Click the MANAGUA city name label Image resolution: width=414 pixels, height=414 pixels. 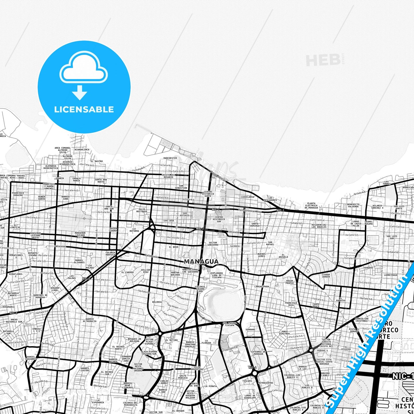click(201, 262)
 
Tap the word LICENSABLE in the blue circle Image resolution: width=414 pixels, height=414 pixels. click(84, 109)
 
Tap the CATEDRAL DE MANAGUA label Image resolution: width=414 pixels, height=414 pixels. click(256, 353)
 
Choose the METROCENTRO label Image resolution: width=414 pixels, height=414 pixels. click(265, 383)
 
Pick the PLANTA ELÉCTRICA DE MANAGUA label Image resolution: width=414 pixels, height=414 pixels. click(311, 205)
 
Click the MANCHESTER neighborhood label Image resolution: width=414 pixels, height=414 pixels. click(170, 158)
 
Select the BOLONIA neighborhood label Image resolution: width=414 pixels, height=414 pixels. click(157, 302)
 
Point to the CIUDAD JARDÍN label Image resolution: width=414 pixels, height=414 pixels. click(326, 276)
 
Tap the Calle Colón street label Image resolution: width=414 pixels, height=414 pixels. click(152, 255)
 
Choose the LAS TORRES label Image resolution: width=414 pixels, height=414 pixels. click(387, 183)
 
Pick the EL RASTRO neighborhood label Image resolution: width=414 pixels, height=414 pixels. click(98, 161)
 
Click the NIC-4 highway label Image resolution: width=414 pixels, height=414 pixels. click(252, 367)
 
